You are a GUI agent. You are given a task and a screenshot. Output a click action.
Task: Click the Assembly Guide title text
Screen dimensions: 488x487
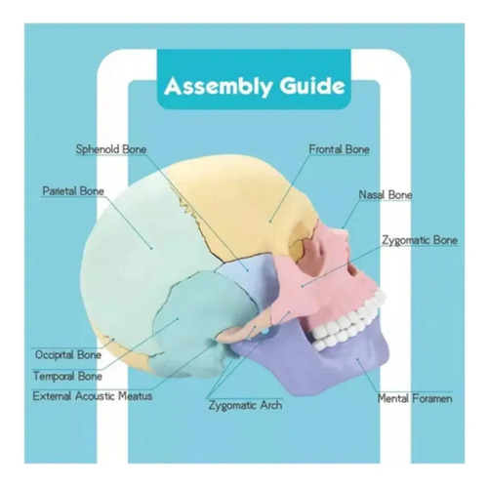tap(255, 86)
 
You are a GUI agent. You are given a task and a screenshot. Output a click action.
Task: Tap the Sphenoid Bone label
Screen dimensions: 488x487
tap(111, 149)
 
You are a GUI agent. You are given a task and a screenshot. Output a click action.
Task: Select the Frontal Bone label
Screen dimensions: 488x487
tap(339, 149)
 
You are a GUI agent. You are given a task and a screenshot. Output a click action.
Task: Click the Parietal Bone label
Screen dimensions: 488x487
tap(73, 191)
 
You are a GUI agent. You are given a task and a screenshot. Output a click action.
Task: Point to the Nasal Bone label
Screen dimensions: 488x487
tap(386, 195)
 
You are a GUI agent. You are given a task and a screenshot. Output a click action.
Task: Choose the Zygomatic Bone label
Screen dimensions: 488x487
tap(420, 240)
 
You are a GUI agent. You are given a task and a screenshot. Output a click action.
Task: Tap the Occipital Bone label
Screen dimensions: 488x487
tap(67, 354)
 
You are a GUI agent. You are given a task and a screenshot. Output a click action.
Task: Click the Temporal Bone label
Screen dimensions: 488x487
tap(67, 377)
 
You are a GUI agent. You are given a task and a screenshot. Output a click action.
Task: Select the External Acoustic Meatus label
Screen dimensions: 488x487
tap(93, 396)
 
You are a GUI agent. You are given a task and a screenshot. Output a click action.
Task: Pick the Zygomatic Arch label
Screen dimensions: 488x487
tap(245, 405)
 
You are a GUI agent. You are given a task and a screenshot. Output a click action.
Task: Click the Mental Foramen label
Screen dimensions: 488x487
tap(415, 398)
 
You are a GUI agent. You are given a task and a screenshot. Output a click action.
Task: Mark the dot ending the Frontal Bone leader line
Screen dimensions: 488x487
tap(270, 222)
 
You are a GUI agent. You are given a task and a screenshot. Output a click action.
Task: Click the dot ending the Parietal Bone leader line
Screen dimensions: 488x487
tap(151, 249)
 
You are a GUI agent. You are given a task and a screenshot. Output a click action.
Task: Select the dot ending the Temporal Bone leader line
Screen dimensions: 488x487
tap(178, 318)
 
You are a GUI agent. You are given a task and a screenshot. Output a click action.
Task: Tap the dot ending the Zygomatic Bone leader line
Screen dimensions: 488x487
tap(302, 286)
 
